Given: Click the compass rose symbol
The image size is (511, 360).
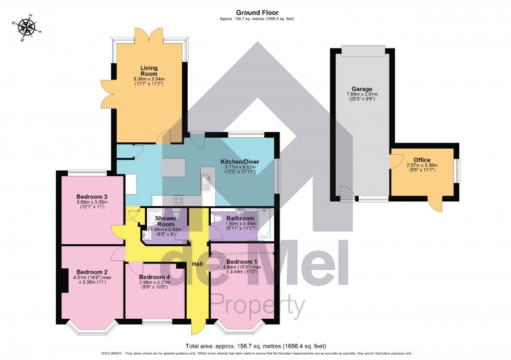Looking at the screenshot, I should click(26, 28).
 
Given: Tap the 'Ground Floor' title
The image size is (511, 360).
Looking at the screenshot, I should click(257, 13).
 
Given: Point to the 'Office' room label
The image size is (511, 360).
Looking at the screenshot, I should click(422, 160).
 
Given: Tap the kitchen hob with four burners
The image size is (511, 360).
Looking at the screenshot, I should click(179, 199).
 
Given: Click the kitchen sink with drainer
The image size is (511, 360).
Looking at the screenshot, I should click(205, 183).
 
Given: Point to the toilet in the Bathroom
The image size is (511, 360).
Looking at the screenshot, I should click(217, 219).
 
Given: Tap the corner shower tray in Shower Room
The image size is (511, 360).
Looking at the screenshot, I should click(156, 218).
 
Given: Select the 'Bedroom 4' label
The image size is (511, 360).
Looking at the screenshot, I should click(154, 277).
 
